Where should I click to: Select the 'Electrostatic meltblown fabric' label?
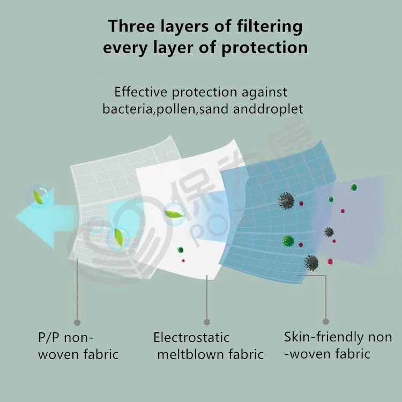coord(209,346)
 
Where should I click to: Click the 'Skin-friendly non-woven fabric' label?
coord(338,345)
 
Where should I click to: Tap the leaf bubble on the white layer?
coord(174,214)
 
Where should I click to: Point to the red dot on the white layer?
coord(183,260)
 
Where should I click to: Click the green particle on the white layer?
coord(181,250)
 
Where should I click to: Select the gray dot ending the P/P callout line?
coord(77,322)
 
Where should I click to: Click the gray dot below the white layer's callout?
coord(207,322)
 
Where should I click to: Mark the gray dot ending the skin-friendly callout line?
coord(326,322)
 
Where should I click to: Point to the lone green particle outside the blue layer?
coord(354,187)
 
